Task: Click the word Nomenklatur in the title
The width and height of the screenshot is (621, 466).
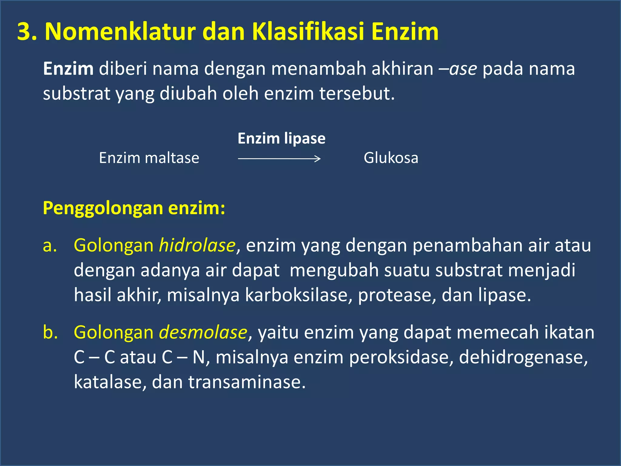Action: [x=120, y=32]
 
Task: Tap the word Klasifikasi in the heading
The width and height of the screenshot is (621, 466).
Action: [x=308, y=32]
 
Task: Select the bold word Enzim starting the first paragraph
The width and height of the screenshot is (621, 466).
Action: [x=68, y=69]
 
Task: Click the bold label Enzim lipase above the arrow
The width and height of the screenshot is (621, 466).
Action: [x=281, y=139]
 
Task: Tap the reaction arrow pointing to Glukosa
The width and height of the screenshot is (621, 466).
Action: [x=279, y=158]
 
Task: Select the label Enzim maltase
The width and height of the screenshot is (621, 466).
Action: [x=149, y=158]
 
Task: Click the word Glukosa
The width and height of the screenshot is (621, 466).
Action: [x=391, y=158]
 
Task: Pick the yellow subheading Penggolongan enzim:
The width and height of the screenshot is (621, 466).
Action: [x=134, y=208]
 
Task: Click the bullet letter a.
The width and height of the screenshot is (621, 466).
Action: [x=50, y=245]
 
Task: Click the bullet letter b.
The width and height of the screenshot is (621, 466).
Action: [x=50, y=333]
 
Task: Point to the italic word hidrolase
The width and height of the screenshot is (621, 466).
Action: [x=197, y=245]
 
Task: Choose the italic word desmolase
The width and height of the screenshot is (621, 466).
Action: [x=203, y=333]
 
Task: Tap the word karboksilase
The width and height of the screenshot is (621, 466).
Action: [x=296, y=295]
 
